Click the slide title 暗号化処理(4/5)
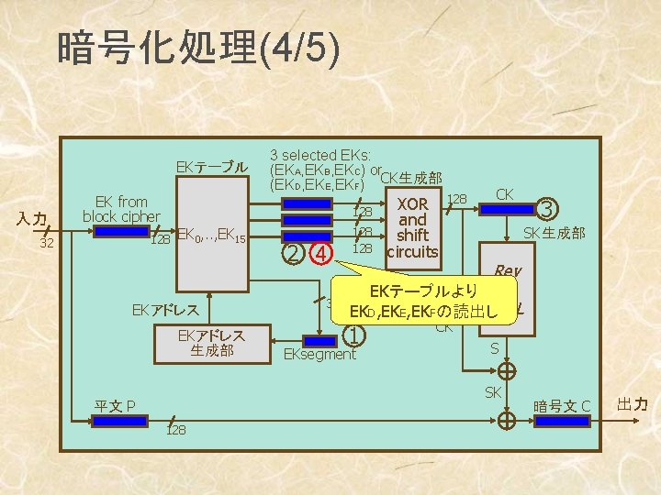[x=198, y=49]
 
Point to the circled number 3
[x=548, y=209]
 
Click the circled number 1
[x=353, y=335]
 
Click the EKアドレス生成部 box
[x=211, y=341]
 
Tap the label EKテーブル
[x=211, y=168]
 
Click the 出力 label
[x=633, y=404]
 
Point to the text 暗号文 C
[x=561, y=406]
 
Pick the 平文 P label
[x=117, y=406]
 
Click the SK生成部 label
[x=554, y=234]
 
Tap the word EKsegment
[x=319, y=354]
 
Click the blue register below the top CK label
[x=507, y=210]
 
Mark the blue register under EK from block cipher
[x=122, y=232]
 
